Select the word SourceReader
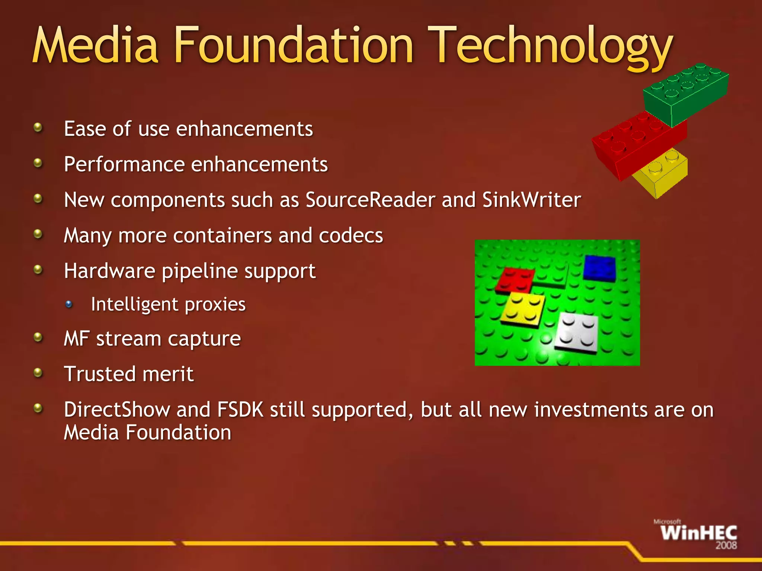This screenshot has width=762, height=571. click(x=370, y=200)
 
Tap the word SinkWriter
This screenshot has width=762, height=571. click(x=531, y=200)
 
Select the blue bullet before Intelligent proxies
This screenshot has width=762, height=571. click(x=69, y=304)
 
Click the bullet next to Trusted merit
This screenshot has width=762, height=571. click(x=38, y=372)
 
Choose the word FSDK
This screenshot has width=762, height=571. click(x=240, y=410)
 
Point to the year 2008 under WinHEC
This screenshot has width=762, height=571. click(x=726, y=546)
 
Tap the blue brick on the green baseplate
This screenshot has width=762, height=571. click(x=599, y=268)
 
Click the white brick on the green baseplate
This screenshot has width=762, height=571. click(x=577, y=332)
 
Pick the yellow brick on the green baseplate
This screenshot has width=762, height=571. click(x=523, y=307)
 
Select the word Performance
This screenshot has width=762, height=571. click(x=124, y=164)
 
